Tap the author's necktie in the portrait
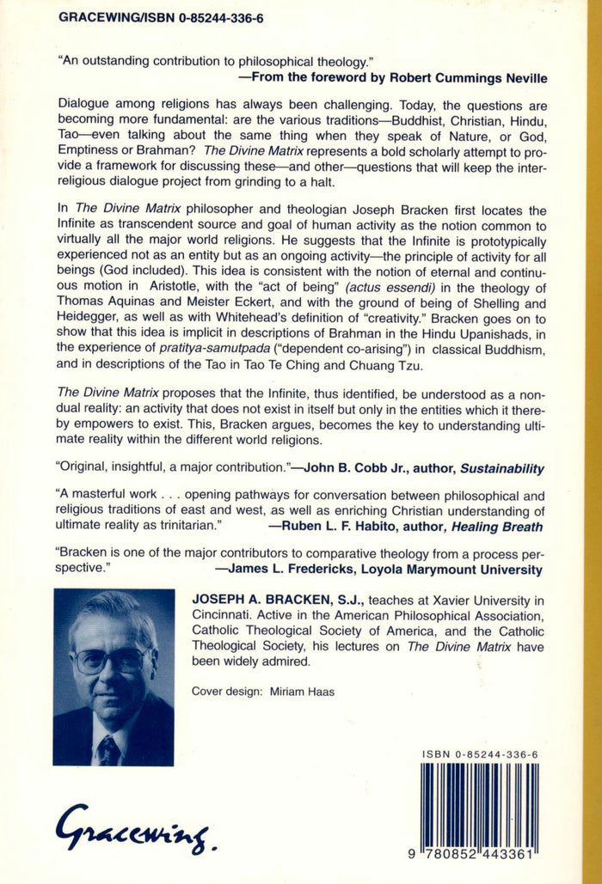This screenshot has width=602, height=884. pos(108,749)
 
